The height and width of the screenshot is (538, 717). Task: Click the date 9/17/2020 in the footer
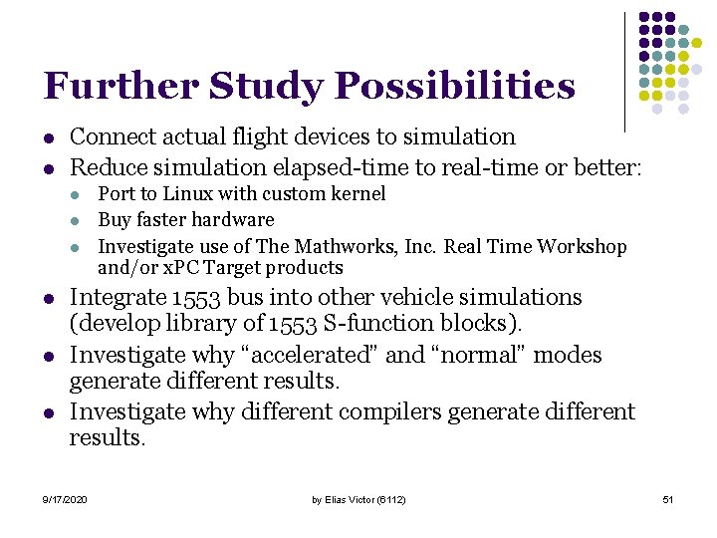[x=65, y=498]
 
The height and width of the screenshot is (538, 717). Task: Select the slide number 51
[x=668, y=498]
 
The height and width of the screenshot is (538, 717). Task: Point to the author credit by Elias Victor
[x=358, y=498]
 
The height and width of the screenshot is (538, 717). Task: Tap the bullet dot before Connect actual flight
[x=48, y=137]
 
